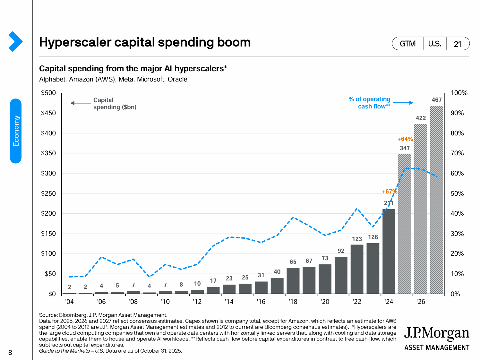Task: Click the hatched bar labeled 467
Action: click(436, 200)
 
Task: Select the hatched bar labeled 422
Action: click(420, 209)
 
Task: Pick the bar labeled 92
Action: click(341, 275)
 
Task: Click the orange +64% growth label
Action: click(405, 139)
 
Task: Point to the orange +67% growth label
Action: click(389, 192)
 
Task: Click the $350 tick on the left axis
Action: click(48, 153)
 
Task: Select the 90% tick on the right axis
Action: click(457, 113)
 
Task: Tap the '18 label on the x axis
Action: click(293, 302)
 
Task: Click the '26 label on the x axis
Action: click(420, 302)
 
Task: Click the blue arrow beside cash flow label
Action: click(403, 103)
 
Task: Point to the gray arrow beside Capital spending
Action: click(81, 103)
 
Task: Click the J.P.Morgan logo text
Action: click(436, 334)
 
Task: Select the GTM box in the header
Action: click(407, 44)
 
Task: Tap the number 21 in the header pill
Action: click(458, 44)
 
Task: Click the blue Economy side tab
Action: click(16, 131)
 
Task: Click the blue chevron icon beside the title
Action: click(15, 41)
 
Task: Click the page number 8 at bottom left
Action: click(10, 353)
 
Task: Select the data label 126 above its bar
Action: click(373, 237)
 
